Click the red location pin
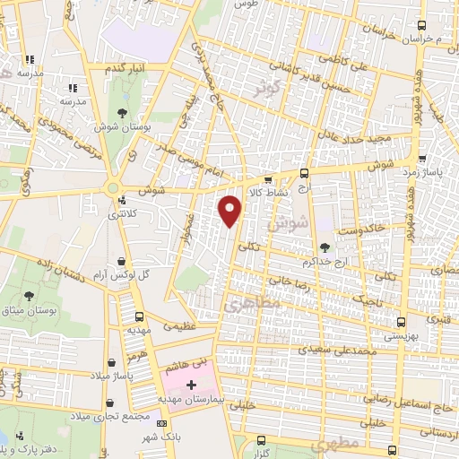tap(232, 212)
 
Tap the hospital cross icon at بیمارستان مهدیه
tap(190, 384)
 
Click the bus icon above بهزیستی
tap(400, 322)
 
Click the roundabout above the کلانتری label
tap(113, 187)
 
